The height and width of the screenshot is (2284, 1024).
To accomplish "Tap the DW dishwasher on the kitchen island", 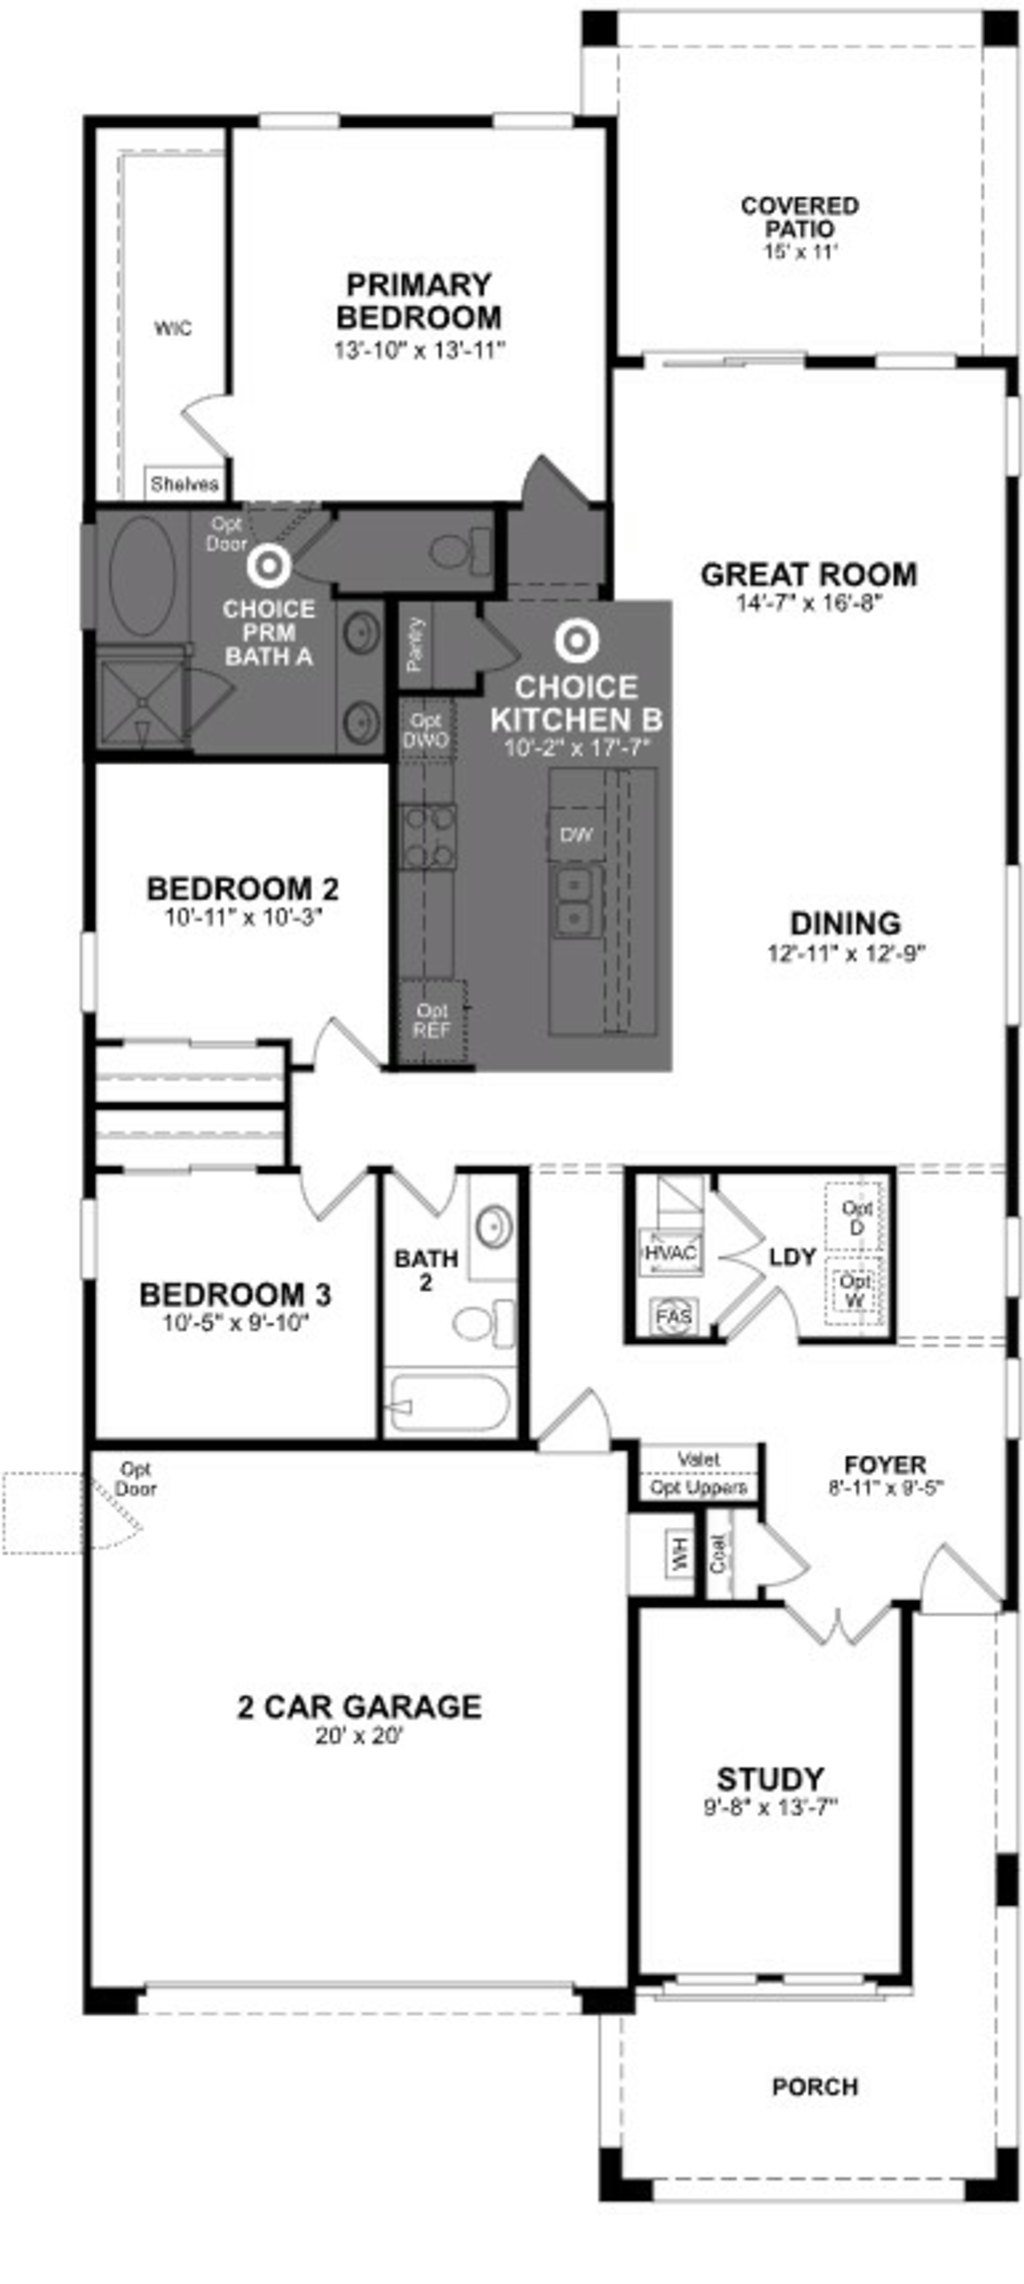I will (576, 834).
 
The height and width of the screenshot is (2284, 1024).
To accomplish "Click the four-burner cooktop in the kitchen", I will (428, 836).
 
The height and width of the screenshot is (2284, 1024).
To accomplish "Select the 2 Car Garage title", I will (359, 1706).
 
